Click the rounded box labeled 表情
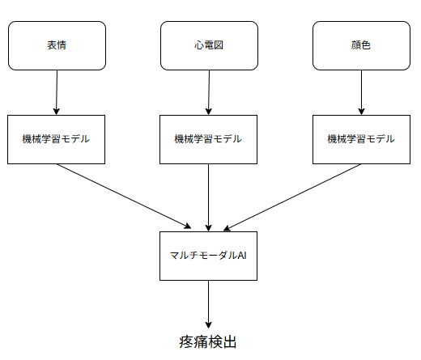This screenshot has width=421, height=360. point(57,45)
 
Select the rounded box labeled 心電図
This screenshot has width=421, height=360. point(209,45)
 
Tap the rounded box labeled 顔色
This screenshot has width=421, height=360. point(361,45)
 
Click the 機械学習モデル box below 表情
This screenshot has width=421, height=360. point(57,139)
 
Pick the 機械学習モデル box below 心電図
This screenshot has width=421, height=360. point(209,139)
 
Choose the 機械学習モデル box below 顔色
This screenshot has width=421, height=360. point(361,139)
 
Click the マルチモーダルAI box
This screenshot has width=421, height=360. point(209,256)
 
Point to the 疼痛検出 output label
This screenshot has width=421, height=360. point(209,342)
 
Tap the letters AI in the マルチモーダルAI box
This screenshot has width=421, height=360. point(240,256)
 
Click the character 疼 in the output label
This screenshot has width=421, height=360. point(186,342)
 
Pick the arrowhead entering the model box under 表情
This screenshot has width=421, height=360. point(57,111)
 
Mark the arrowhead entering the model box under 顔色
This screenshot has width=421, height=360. point(361,111)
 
